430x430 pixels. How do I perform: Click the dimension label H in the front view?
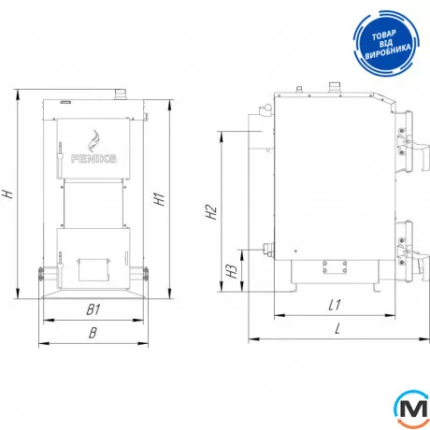click(7, 193)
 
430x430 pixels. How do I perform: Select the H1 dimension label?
click(159, 199)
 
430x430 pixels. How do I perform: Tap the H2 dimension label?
click(211, 212)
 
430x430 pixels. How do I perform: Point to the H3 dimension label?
click(232, 271)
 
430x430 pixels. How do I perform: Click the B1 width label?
click(93, 309)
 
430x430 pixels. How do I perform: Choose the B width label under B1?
click(93, 333)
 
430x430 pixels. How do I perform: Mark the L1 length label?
click(335, 305)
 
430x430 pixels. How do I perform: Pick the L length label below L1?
click(337, 328)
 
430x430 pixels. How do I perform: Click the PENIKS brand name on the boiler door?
click(93, 159)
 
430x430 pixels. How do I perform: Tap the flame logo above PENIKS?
click(93, 141)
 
